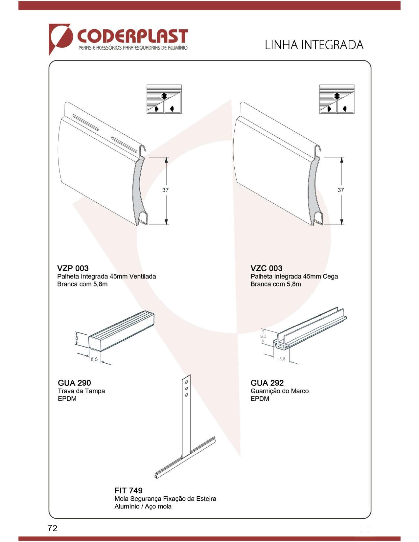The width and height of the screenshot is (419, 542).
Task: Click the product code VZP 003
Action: [x=73, y=268]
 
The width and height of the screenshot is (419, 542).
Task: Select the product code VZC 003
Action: [x=266, y=268]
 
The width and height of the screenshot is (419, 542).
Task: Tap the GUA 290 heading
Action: [x=74, y=383]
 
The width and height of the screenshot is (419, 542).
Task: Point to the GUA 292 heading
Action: [x=267, y=383]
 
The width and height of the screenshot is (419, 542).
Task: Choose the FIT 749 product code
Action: [x=128, y=490]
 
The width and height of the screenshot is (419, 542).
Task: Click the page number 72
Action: [x=52, y=528]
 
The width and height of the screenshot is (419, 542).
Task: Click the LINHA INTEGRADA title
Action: [x=314, y=45]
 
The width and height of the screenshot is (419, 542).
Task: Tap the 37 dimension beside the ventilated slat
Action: [x=165, y=190]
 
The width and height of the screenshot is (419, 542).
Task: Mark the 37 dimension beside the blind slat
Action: [x=341, y=190]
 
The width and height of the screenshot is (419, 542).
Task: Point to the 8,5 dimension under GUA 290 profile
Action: [x=94, y=359]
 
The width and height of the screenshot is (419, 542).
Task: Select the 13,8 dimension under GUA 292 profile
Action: [x=281, y=359]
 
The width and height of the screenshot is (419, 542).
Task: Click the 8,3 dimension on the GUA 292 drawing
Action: [x=263, y=336]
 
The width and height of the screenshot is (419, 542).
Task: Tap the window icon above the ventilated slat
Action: [x=164, y=99]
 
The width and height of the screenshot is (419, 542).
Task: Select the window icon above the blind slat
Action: [x=337, y=99]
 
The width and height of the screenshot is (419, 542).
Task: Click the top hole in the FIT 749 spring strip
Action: [x=186, y=382]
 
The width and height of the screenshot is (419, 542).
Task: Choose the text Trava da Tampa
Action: [x=81, y=391]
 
